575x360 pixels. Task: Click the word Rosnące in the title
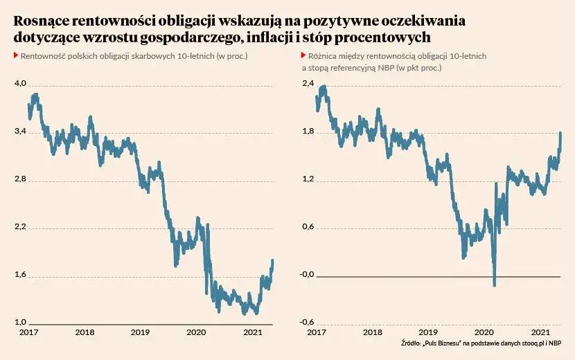(42, 20)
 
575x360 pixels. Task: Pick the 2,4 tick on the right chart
(308, 84)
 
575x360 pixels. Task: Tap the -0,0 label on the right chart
(307, 275)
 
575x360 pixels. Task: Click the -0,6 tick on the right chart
(307, 323)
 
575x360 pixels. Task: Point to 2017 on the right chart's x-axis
(316, 333)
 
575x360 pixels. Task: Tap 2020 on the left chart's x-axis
(197, 333)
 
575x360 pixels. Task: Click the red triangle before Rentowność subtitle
(16, 55)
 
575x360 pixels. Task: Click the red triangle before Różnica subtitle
(303, 55)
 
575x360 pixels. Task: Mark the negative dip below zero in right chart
(494, 283)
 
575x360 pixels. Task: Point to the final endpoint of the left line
(273, 260)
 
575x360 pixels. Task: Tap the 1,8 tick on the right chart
(308, 132)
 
